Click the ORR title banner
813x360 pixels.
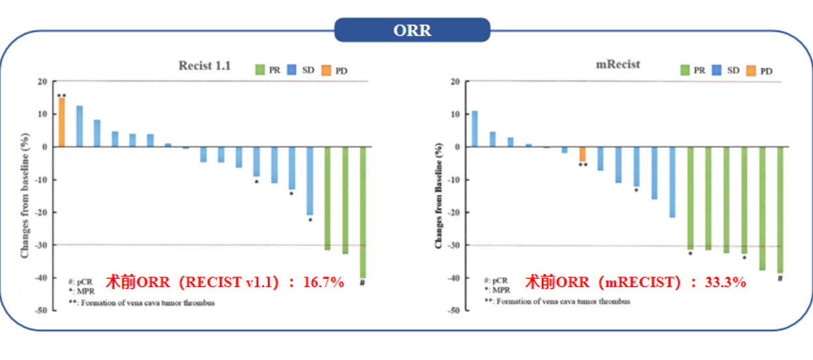click(411, 30)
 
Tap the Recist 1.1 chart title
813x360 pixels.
click(205, 65)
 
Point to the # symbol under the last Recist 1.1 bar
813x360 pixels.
click(362, 283)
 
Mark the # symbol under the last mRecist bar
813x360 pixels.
click(780, 278)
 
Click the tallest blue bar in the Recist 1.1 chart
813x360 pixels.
click(80, 127)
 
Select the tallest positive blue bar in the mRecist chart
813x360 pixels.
click(475, 129)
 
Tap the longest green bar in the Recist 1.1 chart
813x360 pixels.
click(362, 212)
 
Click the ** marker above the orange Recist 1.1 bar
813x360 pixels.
click(61, 96)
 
